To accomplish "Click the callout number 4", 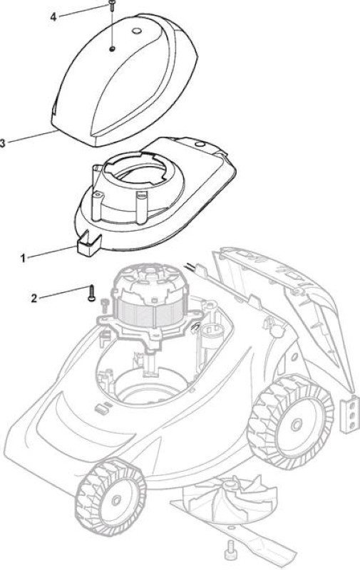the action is pos(53,16).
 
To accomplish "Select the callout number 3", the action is pos(2,143).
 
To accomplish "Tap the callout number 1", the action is pos(23,258).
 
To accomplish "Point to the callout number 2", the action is pos(34,299).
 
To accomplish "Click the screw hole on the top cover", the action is pos(113,48).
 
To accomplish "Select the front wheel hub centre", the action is pos(116,500).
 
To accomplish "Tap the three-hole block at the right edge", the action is pos(350,415).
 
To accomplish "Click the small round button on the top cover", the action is pos(137,31).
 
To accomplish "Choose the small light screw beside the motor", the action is pos(105,305).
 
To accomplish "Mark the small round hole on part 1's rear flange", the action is pos(199,145).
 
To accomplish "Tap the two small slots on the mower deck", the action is pos(103,407).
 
